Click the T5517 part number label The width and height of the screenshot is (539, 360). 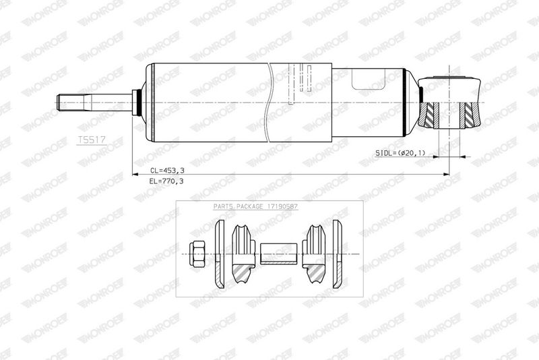[x=92, y=140]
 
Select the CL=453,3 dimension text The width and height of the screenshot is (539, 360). [x=167, y=170]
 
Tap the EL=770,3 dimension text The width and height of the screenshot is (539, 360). [x=166, y=181]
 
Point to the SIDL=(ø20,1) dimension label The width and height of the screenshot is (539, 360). [x=400, y=153]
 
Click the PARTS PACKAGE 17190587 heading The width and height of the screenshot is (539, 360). [x=255, y=206]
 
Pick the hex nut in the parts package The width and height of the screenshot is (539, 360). [x=197, y=253]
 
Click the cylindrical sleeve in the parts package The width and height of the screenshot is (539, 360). [x=278, y=253]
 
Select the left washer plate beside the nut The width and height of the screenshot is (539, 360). [x=220, y=253]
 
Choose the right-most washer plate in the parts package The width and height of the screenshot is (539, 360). [x=338, y=253]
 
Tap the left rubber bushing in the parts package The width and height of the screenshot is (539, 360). [x=243, y=253]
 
